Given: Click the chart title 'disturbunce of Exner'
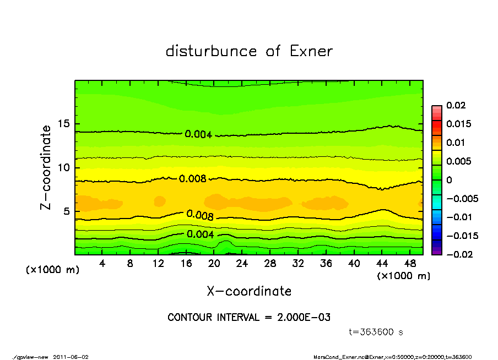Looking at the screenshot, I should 249,51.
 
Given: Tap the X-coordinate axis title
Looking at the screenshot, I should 249,291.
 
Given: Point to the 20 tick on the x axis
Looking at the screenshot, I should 214,263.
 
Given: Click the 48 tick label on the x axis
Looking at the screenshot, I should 410,263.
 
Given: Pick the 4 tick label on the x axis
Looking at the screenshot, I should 102,263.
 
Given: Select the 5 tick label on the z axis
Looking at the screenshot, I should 66,211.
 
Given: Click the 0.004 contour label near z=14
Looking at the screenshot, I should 198,134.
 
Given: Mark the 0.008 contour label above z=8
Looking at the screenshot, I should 192,178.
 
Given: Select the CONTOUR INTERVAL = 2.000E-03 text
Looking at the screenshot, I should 249,318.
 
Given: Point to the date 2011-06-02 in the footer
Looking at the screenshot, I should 71,357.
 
